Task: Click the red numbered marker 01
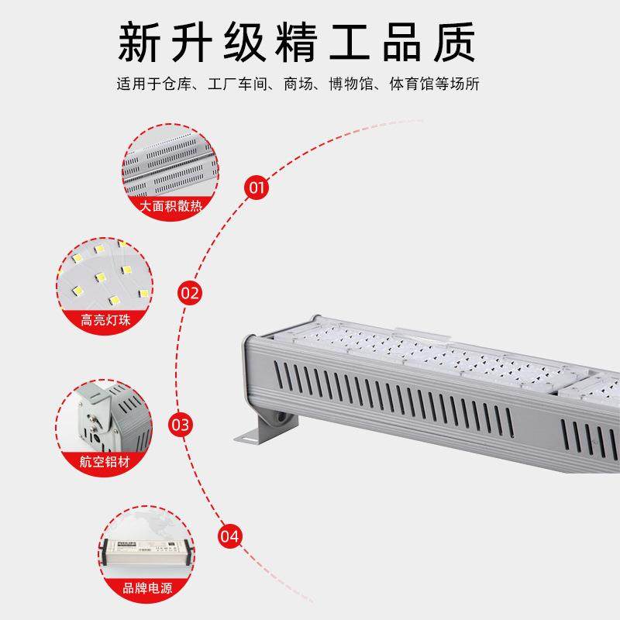pos(257,187)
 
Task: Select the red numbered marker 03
pos(180,425)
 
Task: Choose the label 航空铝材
pos(104,462)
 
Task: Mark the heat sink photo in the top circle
pos(168,167)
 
